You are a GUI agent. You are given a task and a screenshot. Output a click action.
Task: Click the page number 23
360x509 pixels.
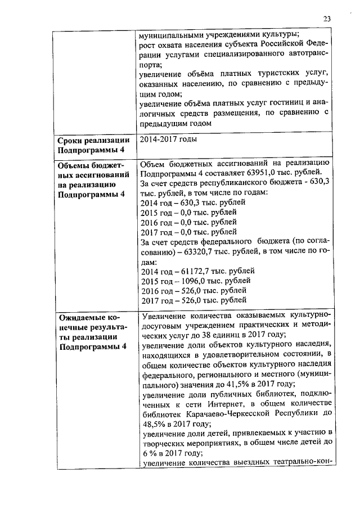click(x=327, y=19)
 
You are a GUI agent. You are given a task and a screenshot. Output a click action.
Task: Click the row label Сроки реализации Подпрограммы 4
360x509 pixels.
click(x=94, y=145)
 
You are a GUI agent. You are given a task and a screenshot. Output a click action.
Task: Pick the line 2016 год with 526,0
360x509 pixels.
click(x=192, y=290)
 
